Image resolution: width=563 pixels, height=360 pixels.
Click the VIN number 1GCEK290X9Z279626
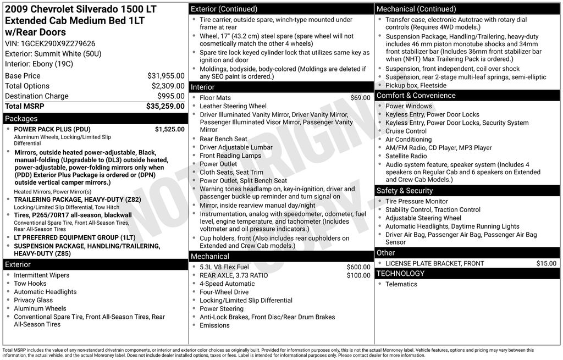(x=58, y=43)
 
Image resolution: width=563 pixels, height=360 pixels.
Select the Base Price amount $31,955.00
(x=166, y=76)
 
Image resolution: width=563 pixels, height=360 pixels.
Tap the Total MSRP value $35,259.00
(x=165, y=106)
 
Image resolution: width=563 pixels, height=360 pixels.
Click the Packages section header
(x=21, y=119)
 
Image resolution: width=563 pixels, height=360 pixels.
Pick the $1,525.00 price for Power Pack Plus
(x=170, y=129)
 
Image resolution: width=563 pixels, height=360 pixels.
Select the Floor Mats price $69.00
(x=360, y=98)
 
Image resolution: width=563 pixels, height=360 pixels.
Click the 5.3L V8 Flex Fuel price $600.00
(x=358, y=267)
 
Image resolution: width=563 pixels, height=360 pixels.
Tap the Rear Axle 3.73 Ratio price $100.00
(x=358, y=275)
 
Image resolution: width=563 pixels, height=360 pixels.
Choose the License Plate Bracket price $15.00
(x=547, y=263)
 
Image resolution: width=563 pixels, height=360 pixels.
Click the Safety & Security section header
(x=405, y=191)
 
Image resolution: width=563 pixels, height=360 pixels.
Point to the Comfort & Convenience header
(x=416, y=96)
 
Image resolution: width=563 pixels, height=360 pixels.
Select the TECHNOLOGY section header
(x=400, y=273)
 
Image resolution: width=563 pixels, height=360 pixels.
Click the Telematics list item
(x=401, y=284)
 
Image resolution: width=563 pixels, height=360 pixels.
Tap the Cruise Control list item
(x=406, y=131)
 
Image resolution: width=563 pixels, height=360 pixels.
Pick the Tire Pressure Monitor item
(x=417, y=202)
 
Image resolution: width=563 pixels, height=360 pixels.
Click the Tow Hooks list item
(x=30, y=284)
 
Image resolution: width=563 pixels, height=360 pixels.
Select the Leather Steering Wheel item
(x=233, y=106)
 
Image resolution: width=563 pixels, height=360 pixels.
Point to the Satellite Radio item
(x=406, y=156)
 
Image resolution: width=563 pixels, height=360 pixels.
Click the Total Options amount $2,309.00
(x=168, y=86)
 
